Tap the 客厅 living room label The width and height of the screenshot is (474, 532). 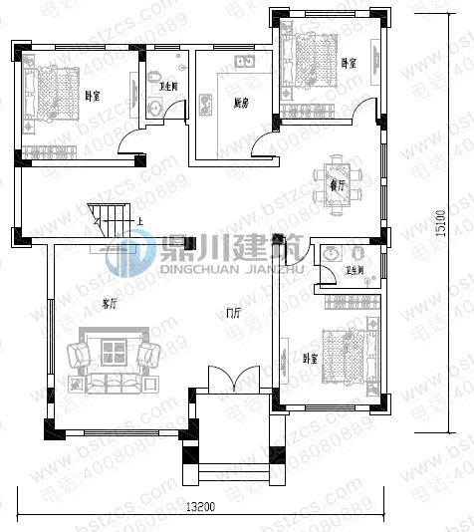point(110,304)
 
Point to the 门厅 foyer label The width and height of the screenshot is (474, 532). point(233,314)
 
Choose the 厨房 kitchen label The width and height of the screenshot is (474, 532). point(240,103)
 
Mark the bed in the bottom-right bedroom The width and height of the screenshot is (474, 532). point(344,354)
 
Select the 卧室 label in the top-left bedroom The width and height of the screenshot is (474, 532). point(93,97)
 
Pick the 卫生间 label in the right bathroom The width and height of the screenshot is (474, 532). point(355,270)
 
